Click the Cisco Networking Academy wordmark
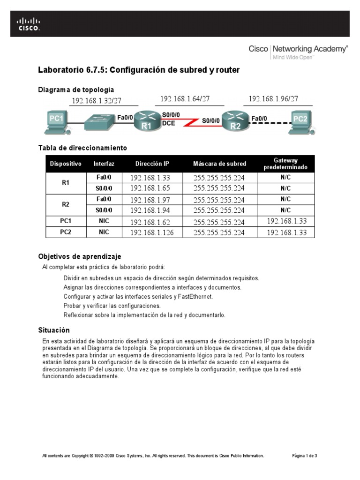pos(298,49)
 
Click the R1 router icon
pos(146,121)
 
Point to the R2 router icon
pos(235,121)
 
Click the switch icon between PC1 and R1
pos(99,121)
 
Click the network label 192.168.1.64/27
pos(185,99)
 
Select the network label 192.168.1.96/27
pos(273,99)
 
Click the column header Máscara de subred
pos(219,164)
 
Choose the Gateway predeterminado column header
pos(285,164)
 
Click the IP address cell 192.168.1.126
pos(152,232)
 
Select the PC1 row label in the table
pos(66,221)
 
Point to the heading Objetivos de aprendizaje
pos(79,256)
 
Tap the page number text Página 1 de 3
pos(305,456)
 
